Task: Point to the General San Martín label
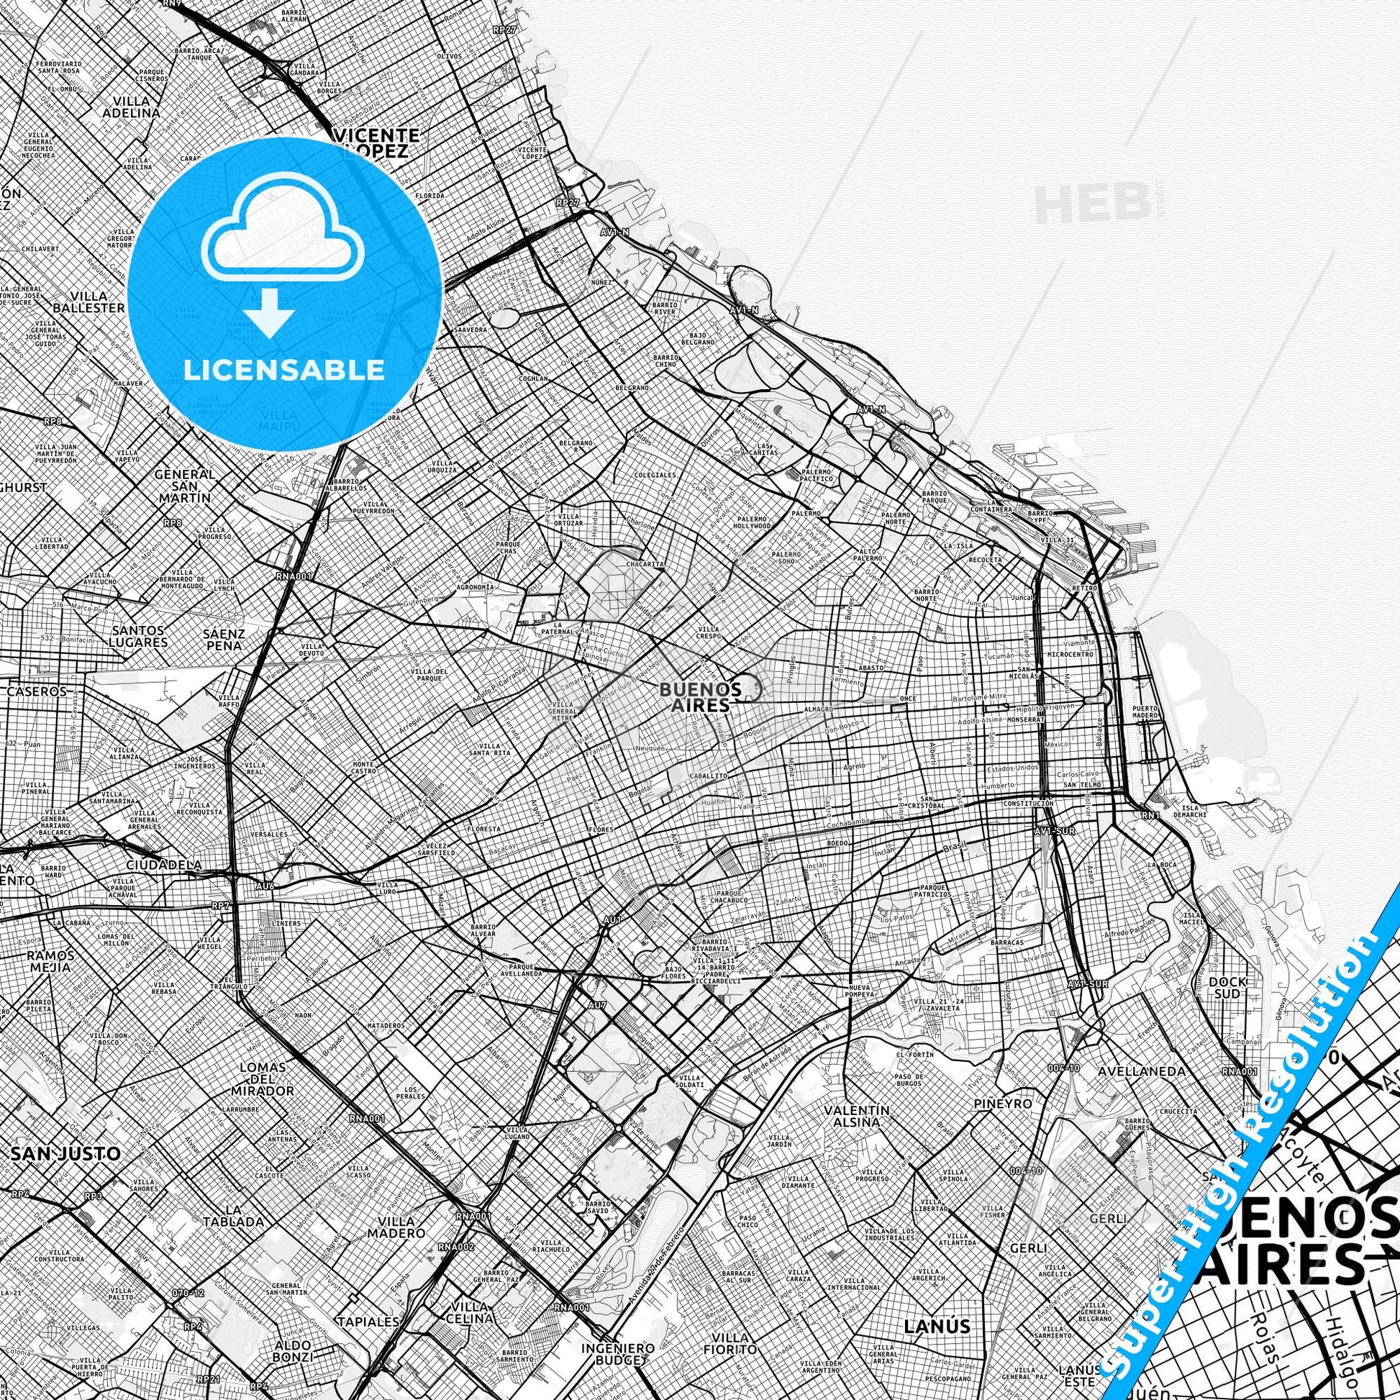[186, 485]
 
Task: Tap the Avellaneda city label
[1141, 1091]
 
